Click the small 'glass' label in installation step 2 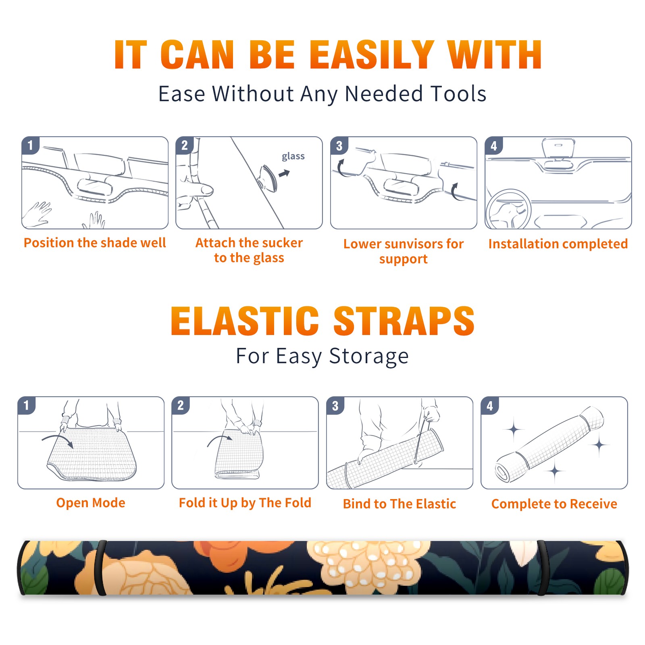click(x=293, y=156)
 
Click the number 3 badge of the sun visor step click(x=339, y=146)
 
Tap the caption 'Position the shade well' click(x=95, y=243)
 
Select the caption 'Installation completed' click(x=558, y=244)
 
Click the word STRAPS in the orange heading click(x=404, y=321)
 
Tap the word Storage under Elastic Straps click(x=369, y=356)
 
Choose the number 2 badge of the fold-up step click(x=181, y=406)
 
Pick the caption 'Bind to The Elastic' click(x=399, y=504)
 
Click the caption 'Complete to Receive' click(x=554, y=504)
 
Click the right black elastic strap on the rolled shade click(x=543, y=568)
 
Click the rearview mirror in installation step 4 click(x=558, y=148)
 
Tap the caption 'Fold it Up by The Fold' click(x=245, y=503)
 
